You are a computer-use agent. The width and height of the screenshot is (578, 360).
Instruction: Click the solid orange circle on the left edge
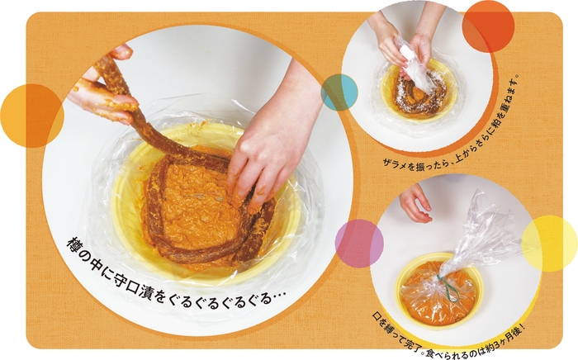(x=31, y=116)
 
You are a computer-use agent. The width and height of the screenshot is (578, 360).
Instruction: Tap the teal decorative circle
(x=339, y=92)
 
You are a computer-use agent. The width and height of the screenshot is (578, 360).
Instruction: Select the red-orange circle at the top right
(x=488, y=26)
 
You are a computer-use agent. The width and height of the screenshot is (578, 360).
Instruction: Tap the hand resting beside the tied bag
(x=415, y=202)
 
